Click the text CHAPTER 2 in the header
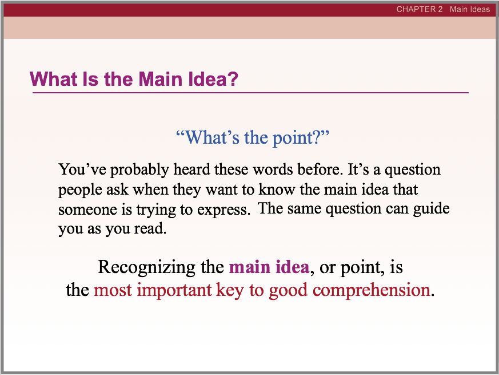point(419,9)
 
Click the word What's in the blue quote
point(209,137)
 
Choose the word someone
point(83,210)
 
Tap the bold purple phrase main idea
point(269,267)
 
